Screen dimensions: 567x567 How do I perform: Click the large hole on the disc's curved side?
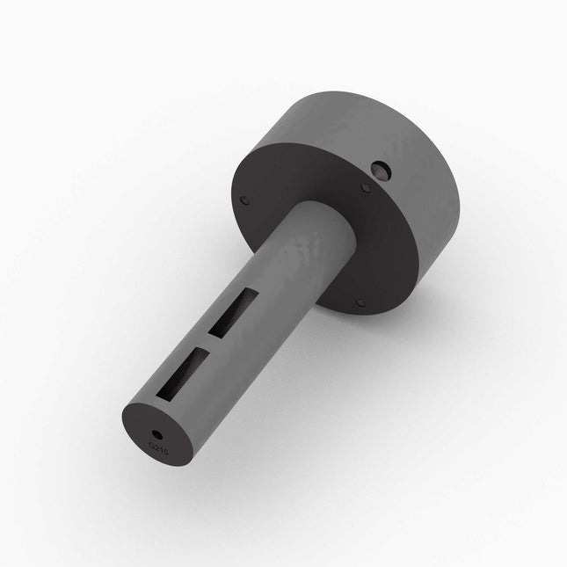(x=382, y=169)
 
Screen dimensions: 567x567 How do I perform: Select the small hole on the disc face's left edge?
(x=245, y=200)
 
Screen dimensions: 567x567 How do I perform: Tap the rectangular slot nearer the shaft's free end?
(x=187, y=371)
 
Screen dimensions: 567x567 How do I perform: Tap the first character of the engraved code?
(x=152, y=445)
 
